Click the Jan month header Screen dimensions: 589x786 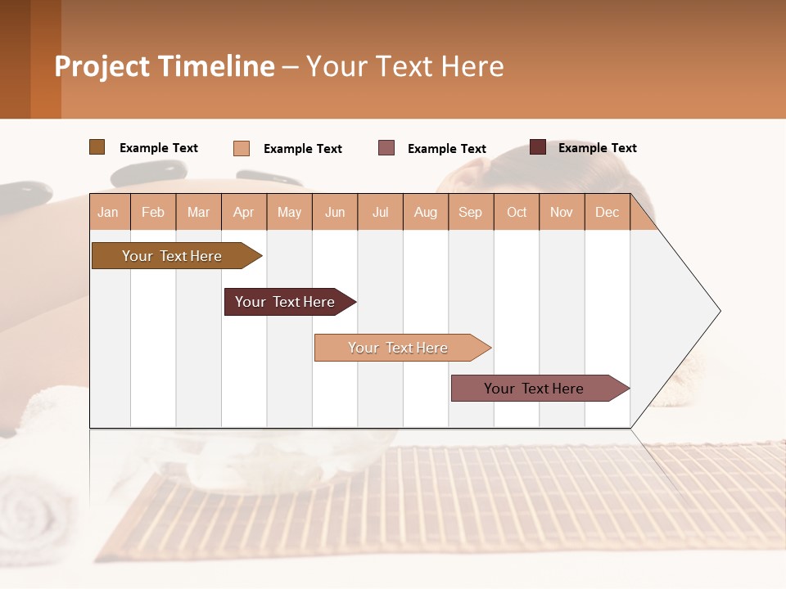(x=109, y=212)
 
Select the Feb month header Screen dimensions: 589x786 (x=153, y=212)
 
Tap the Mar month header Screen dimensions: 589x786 (x=198, y=212)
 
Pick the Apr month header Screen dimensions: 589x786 (x=244, y=212)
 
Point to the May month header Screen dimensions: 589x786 (x=289, y=212)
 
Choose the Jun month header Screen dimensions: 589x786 (x=335, y=212)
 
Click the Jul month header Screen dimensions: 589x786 (x=380, y=212)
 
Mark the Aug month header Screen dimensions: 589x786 (x=426, y=212)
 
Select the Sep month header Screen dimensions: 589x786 (x=471, y=212)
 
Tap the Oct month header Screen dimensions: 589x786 (x=517, y=212)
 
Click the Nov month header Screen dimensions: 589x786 (x=562, y=212)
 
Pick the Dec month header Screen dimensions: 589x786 (x=607, y=212)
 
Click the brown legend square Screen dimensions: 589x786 (x=97, y=147)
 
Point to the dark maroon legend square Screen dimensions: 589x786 (x=538, y=147)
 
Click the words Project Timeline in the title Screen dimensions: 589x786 (x=165, y=66)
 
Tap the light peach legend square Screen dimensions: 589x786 (x=242, y=148)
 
